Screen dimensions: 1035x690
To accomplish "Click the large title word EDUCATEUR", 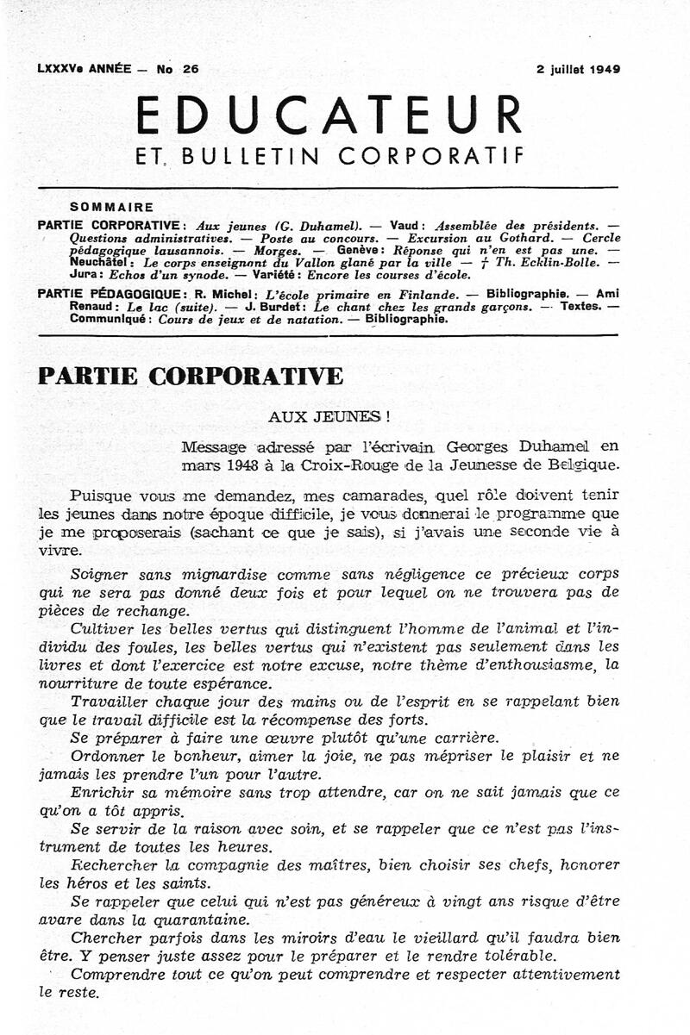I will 329,115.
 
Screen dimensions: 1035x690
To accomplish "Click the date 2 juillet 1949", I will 578,70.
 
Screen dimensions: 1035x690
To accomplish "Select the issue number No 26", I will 178,70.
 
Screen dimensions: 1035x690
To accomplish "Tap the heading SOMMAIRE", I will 112,207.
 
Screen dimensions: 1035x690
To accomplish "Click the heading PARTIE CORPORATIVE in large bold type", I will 191,377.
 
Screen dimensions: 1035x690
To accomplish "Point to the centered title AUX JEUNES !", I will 329,415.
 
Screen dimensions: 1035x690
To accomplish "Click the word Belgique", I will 582,465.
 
